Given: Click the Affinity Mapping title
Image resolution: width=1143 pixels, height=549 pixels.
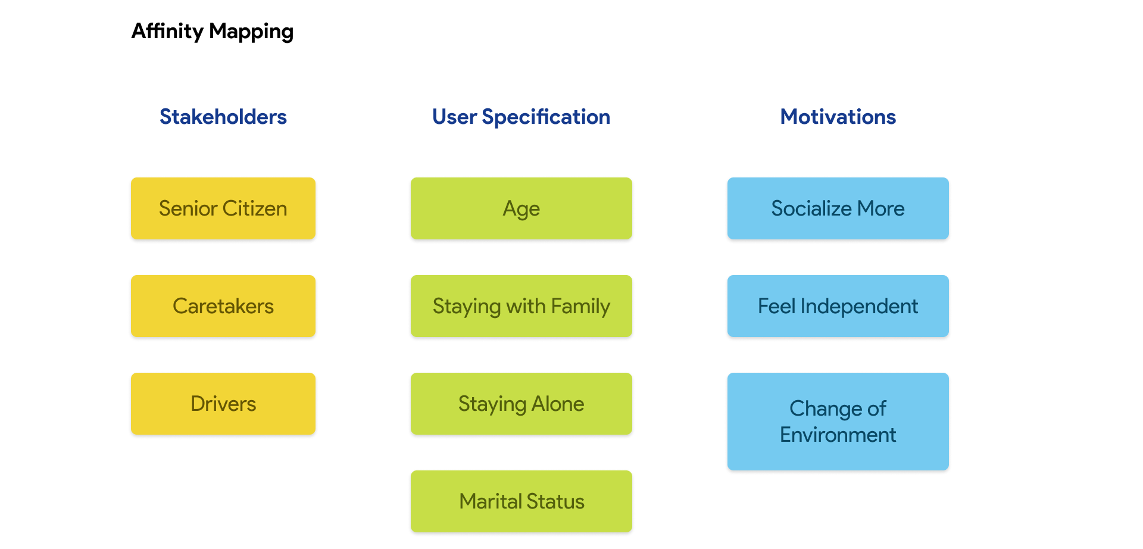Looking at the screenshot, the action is pyautogui.click(x=212, y=31).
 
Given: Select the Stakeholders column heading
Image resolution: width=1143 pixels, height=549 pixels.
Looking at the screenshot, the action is pyautogui.click(x=223, y=117).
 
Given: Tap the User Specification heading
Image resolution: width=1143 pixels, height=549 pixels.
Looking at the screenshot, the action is pyautogui.click(x=521, y=117).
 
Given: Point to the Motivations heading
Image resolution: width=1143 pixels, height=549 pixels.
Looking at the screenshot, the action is pyautogui.click(x=838, y=117).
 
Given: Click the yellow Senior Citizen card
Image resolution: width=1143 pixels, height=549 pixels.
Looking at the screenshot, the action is pyautogui.click(x=223, y=208).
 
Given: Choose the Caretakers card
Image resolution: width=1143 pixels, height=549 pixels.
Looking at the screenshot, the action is pyautogui.click(x=223, y=306).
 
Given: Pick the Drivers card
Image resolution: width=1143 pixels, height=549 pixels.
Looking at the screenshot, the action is pyautogui.click(x=223, y=404).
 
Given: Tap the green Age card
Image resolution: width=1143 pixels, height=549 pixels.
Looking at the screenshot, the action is pyautogui.click(x=521, y=208).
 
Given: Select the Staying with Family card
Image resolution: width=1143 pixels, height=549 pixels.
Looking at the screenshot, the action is pyautogui.click(x=521, y=306).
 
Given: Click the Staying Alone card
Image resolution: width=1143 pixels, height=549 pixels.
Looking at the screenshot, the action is pyautogui.click(x=521, y=404).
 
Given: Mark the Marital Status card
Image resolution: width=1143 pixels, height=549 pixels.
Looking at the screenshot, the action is pyautogui.click(x=521, y=501).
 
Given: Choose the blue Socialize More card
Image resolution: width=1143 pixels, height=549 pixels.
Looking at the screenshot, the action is pyautogui.click(x=838, y=208).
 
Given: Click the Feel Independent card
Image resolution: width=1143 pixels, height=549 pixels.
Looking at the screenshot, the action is pyautogui.click(x=838, y=306).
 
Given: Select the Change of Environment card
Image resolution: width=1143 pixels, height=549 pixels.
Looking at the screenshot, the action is pyautogui.click(x=838, y=422).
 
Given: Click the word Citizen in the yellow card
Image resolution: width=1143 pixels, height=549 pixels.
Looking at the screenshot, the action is pyautogui.click(x=255, y=208).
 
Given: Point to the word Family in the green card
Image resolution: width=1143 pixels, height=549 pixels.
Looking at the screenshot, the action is pyautogui.click(x=580, y=306).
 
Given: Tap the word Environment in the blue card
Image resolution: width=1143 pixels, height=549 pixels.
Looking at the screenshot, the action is pyautogui.click(x=838, y=435).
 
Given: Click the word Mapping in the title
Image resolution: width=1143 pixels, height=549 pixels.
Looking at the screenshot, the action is pyautogui.click(x=251, y=31).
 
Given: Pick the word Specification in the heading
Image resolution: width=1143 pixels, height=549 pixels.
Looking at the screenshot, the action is pyautogui.click(x=546, y=117).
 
